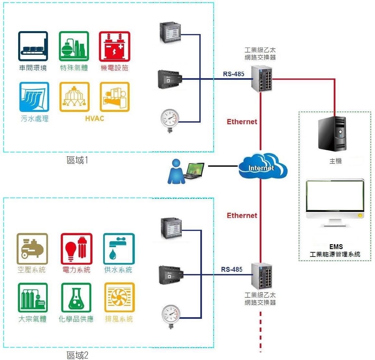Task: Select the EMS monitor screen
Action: pyautogui.click(x=335, y=197)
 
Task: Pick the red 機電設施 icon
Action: pyautogui.click(x=114, y=46)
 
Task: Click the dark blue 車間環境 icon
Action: pyautogui.click(x=33, y=46)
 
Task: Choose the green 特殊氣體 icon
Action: pyautogui.click(x=74, y=46)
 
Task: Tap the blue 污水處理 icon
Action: pyautogui.click(x=34, y=97)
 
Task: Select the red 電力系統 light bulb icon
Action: pyautogui.click(x=76, y=249)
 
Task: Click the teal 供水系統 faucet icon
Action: pyautogui.click(x=119, y=249)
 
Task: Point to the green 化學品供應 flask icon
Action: pyautogui.click(x=76, y=298)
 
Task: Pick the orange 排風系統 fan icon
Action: pyautogui.click(x=119, y=298)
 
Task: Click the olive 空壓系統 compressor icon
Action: pyautogui.click(x=32, y=249)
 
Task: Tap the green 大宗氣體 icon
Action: pyautogui.click(x=32, y=298)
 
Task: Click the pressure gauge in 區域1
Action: pyautogui.click(x=170, y=120)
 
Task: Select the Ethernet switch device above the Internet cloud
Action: pyautogui.click(x=262, y=78)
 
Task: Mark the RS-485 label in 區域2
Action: pyautogui.click(x=232, y=270)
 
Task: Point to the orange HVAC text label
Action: pyautogui.click(x=94, y=119)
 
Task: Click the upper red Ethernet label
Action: pyautogui.click(x=242, y=122)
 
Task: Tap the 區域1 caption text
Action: pyautogui.click(x=77, y=160)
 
